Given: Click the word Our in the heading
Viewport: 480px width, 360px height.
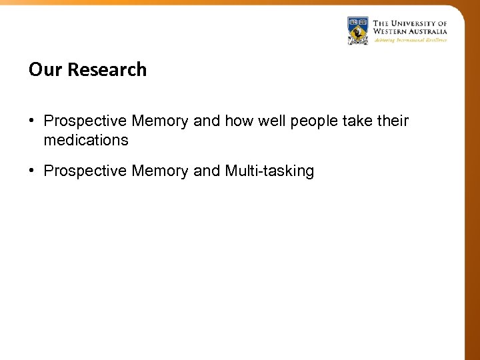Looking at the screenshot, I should pos(42,70).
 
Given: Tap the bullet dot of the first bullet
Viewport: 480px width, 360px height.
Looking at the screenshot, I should pos(32,121).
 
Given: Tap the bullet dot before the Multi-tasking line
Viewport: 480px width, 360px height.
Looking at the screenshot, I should pos(32,171).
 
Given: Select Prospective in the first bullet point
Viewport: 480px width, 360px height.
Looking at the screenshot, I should pos(85,121).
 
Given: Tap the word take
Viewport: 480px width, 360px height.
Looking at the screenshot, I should pos(361,121).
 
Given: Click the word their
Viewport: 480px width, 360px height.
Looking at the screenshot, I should pos(393,121).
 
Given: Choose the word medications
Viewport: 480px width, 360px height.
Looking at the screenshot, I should pos(86,140).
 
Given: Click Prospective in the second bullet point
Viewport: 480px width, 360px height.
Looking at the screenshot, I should pos(85,171).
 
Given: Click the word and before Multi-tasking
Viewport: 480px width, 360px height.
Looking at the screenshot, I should pos(207,171).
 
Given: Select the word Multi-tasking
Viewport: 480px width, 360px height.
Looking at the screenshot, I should pos(269,171).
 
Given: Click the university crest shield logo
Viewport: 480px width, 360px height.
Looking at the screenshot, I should pos(358,31).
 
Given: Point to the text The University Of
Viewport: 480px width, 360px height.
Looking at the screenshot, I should pos(410,23).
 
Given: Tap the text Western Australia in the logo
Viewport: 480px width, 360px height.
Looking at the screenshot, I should pos(410,31).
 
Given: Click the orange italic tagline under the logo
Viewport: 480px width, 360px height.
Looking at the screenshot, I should pos(410,40).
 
